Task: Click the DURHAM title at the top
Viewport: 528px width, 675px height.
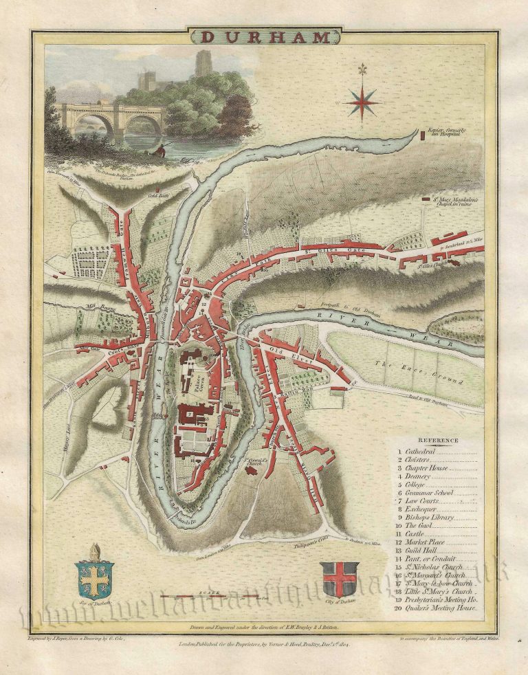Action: point(263,37)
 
